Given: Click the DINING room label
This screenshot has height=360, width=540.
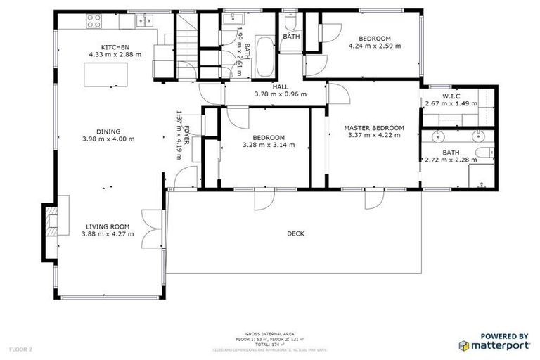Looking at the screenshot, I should pos(109,131).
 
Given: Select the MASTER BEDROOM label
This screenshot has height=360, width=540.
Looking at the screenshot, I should pos(373,128).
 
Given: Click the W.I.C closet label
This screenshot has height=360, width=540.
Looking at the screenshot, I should pos(451,96).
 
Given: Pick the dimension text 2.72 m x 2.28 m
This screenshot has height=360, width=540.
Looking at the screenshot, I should pos(450,160).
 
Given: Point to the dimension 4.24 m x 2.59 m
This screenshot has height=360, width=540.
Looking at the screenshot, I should pos(374,46).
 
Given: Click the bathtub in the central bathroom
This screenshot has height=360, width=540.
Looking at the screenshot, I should pos(265,56).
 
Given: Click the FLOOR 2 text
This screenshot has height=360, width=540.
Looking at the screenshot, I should pos(21,348).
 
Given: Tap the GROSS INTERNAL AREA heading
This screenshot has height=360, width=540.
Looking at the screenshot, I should pos(269,334).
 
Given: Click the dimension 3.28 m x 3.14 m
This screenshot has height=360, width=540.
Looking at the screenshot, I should pos(268,145).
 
